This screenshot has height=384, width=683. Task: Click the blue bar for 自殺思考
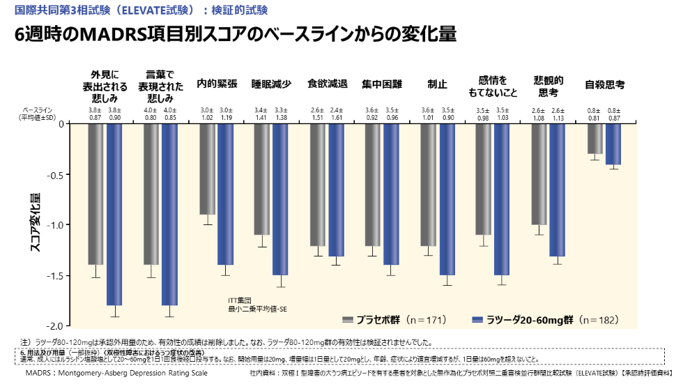(613, 144)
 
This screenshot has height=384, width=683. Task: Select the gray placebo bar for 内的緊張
(207, 169)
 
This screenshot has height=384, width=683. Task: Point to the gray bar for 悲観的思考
(539, 174)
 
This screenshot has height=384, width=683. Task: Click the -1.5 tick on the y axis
(55, 275)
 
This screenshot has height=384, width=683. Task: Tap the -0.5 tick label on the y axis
(55, 174)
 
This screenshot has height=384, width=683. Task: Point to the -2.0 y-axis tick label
(55, 325)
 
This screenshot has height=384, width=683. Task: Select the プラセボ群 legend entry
(394, 320)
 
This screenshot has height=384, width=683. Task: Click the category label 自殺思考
(604, 84)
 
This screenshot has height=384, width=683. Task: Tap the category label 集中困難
(381, 84)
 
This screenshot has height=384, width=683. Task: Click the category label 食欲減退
(327, 84)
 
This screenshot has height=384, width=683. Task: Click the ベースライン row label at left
(38, 114)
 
